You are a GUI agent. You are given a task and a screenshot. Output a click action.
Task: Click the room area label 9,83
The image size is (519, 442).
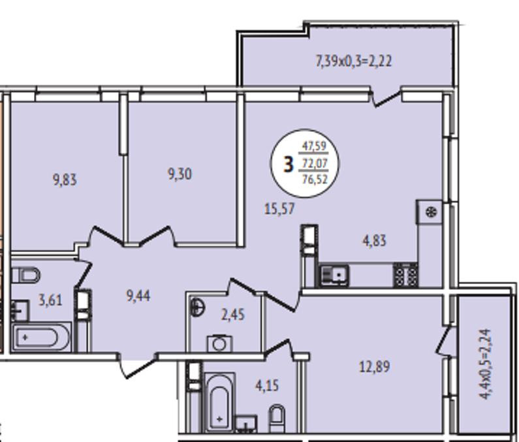(x=65, y=180)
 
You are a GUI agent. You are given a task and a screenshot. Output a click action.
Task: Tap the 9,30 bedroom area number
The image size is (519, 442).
(x=180, y=174)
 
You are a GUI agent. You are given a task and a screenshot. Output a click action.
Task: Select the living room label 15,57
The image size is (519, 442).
(x=279, y=209)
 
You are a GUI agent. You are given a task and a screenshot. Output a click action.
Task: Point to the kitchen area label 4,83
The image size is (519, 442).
(x=374, y=241)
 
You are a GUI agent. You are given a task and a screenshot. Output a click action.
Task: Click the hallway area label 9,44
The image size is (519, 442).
(x=138, y=296)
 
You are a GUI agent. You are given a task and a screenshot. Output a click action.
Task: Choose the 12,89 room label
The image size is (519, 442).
(x=374, y=367)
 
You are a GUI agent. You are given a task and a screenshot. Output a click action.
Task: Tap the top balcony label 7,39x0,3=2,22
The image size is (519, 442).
(x=354, y=61)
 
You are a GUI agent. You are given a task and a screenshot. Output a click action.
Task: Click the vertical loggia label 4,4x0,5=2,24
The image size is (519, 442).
(x=485, y=364)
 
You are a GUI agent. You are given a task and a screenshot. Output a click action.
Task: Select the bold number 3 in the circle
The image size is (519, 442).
(x=289, y=165)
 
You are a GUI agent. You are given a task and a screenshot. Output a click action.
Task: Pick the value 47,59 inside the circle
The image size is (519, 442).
(x=314, y=146)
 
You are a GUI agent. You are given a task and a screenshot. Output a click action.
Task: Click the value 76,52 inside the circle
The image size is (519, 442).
(x=314, y=179)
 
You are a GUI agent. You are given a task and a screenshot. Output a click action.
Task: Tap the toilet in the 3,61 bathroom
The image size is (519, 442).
(x=26, y=275)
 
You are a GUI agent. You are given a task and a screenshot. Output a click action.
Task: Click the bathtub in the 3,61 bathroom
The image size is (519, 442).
(x=40, y=338)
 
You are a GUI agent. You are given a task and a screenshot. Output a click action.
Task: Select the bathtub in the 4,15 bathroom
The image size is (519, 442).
(x=220, y=402)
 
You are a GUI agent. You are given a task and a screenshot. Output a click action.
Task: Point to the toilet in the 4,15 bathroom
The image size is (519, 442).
(x=277, y=418)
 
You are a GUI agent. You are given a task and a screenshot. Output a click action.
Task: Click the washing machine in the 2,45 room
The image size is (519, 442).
(x=219, y=343)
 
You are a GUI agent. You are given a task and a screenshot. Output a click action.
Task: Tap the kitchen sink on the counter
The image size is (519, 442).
(x=334, y=276)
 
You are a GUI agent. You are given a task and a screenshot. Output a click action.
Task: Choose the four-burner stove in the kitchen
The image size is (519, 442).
(x=405, y=275)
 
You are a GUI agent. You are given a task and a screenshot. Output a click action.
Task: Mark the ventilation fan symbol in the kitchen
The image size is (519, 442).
(x=431, y=212)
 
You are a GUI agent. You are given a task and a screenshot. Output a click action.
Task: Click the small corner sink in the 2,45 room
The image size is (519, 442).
(x=197, y=308)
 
